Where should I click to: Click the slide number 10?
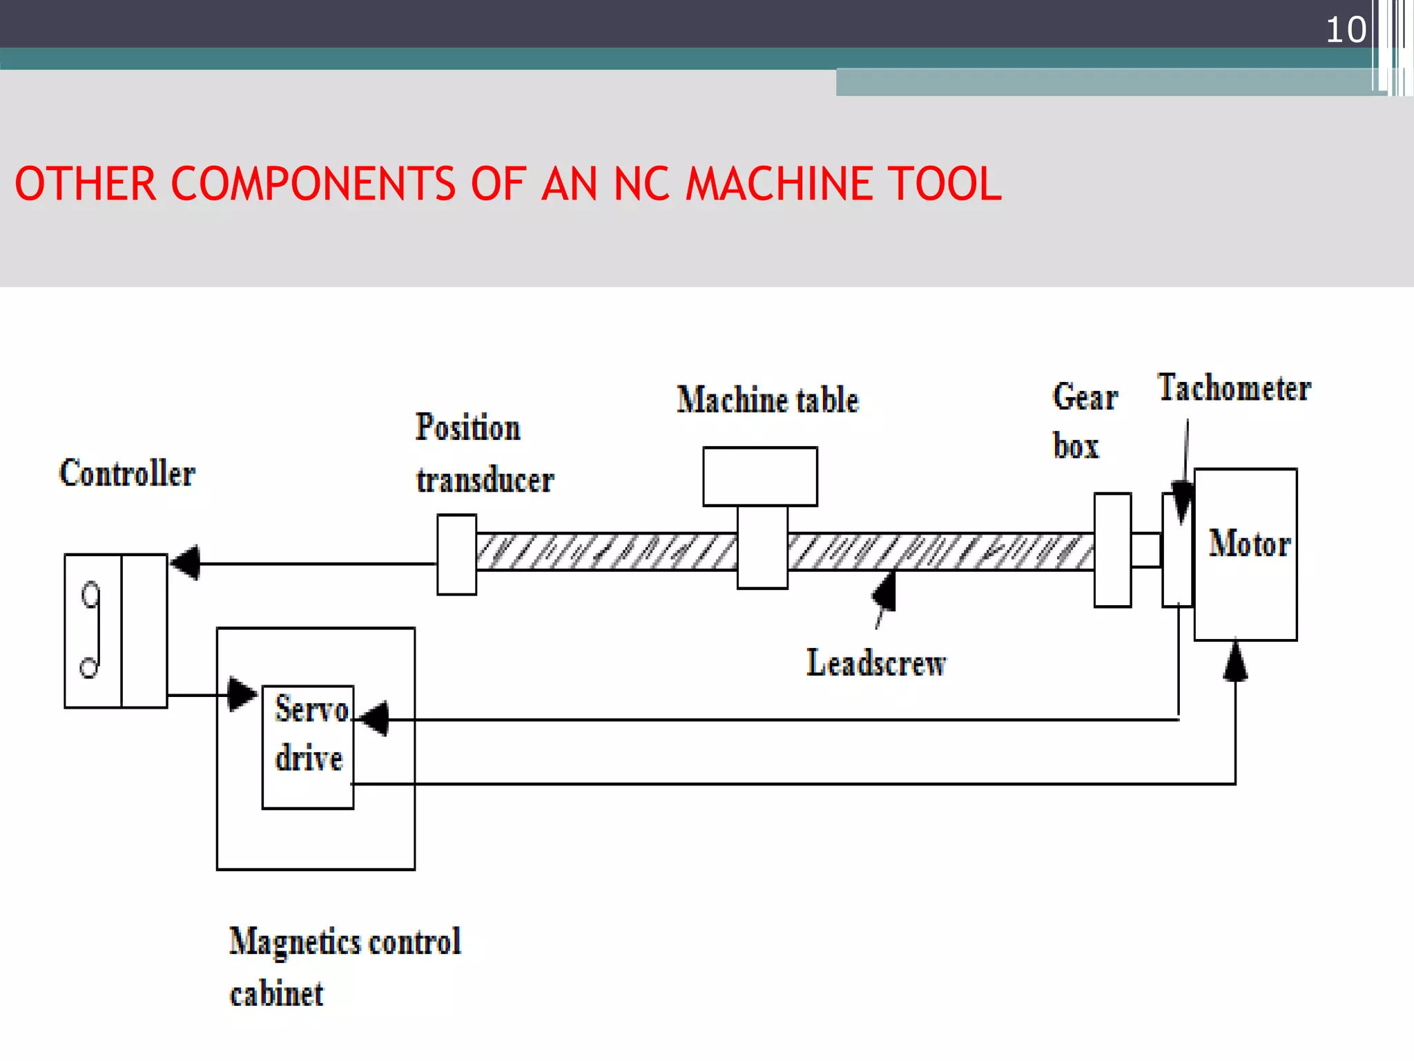click(x=1345, y=30)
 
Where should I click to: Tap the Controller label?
click(x=127, y=474)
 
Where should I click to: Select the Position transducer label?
click(x=483, y=454)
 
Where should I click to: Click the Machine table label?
click(x=767, y=401)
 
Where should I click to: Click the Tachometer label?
click(x=1234, y=388)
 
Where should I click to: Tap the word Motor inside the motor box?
click(x=1249, y=544)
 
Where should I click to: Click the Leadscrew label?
click(x=875, y=663)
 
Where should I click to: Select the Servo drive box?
click(x=308, y=747)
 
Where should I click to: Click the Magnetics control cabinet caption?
click(x=344, y=967)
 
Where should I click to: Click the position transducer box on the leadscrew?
click(x=456, y=554)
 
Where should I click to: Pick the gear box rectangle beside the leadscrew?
click(x=1112, y=550)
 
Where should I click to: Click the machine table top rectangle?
click(x=759, y=477)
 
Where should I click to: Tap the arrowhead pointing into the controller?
click(x=185, y=563)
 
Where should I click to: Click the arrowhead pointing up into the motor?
click(x=1235, y=662)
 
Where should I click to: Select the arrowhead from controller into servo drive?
click(x=242, y=694)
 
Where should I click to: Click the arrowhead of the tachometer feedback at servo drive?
click(x=375, y=719)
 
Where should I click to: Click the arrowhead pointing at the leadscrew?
click(x=886, y=592)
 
